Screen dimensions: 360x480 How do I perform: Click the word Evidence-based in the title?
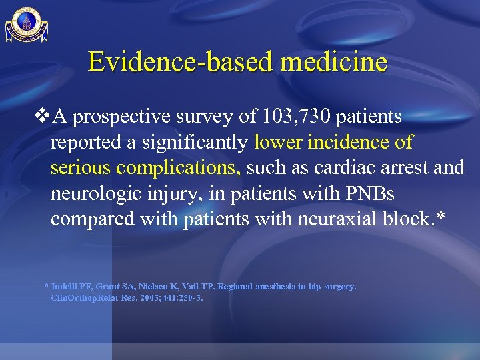click(x=179, y=62)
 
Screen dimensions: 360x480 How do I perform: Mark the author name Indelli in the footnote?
click(x=65, y=287)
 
